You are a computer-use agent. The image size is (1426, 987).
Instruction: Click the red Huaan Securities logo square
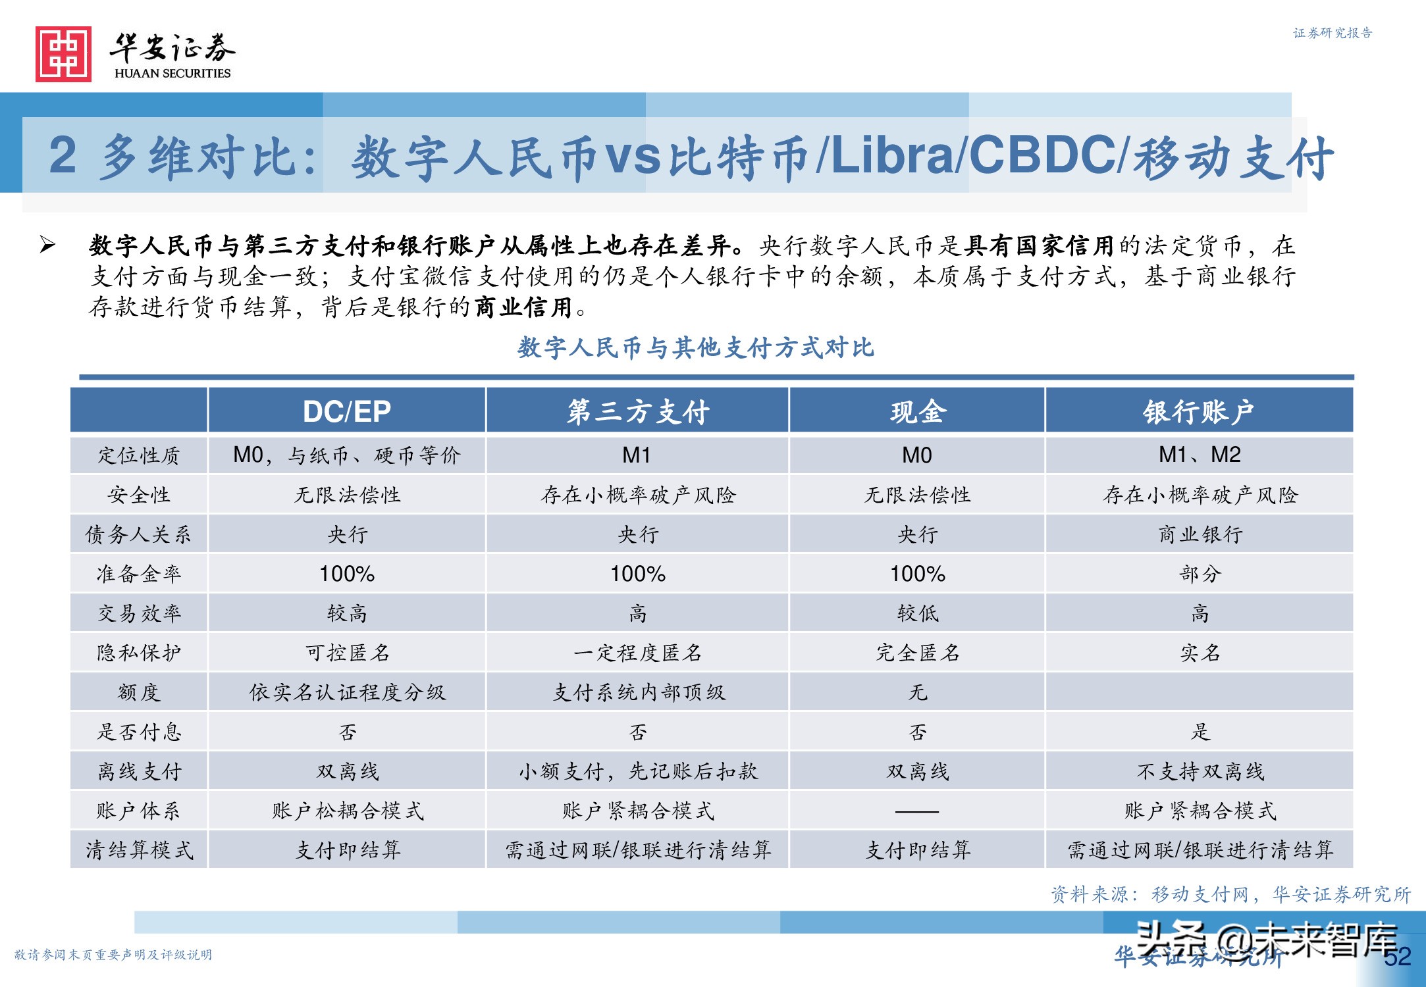(x=63, y=55)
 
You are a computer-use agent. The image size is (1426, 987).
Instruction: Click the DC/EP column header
(x=346, y=412)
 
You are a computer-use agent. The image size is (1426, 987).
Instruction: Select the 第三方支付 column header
(x=637, y=412)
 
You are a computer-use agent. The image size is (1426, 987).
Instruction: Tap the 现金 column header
(x=917, y=412)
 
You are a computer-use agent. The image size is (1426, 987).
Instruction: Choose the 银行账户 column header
(x=1198, y=412)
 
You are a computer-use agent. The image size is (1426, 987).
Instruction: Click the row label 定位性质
(x=138, y=455)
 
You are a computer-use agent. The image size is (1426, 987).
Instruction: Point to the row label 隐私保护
(x=138, y=653)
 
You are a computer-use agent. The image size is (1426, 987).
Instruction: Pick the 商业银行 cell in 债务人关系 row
(x=1200, y=534)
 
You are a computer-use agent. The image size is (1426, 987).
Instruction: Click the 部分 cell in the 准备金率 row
(x=1200, y=574)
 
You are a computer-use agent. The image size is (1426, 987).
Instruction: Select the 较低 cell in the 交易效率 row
(x=917, y=613)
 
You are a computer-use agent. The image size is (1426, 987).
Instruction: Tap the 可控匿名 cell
(x=347, y=653)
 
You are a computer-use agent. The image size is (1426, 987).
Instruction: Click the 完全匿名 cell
(x=917, y=653)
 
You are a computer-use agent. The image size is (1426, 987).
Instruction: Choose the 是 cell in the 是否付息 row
(x=1200, y=732)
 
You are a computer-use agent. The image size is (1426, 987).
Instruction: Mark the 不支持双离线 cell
(x=1200, y=771)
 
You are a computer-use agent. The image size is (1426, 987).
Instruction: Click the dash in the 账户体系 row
(x=917, y=811)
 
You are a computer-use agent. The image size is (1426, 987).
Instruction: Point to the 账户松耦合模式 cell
(x=347, y=811)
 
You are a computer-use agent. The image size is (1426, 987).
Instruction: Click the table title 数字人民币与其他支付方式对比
(x=695, y=347)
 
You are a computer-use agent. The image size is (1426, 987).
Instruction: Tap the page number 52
(x=1397, y=957)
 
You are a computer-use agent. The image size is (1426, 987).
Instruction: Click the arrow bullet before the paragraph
(x=47, y=245)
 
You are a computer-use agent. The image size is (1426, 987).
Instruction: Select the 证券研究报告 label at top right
(x=1333, y=33)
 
